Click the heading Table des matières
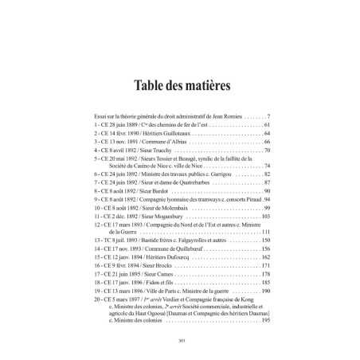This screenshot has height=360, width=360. click(x=179, y=84)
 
